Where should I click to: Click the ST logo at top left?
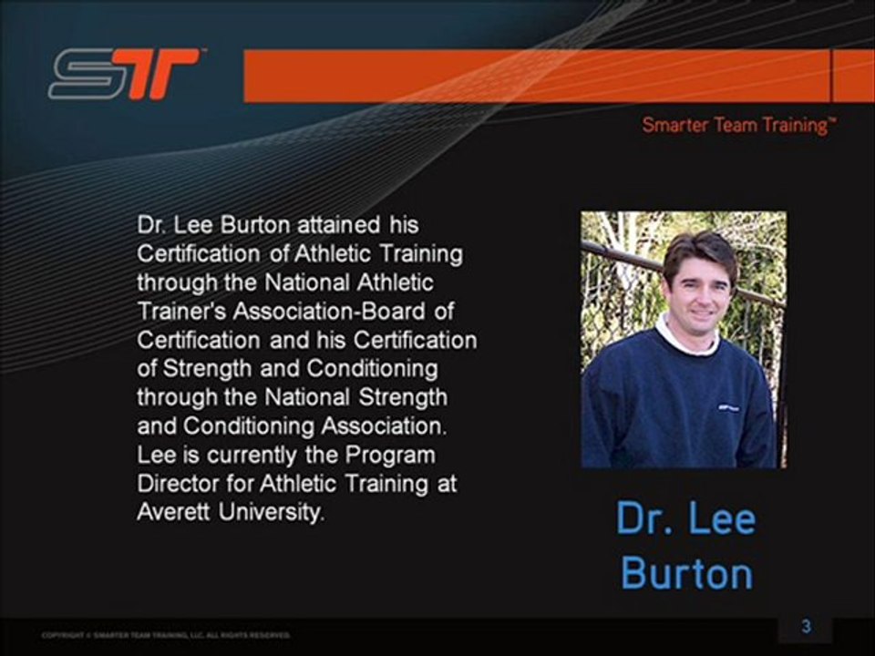(124, 74)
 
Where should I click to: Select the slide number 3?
(806, 626)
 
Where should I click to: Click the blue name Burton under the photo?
(686, 573)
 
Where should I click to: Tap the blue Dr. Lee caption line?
(686, 519)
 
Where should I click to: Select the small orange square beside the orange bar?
(854, 76)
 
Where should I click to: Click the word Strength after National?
(402, 397)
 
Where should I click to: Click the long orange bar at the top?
(537, 76)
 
